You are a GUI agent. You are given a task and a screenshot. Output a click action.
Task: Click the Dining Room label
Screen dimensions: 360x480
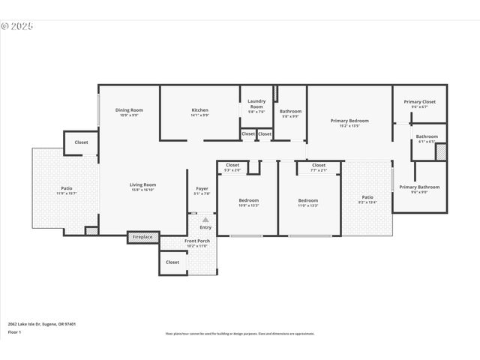click(x=129, y=110)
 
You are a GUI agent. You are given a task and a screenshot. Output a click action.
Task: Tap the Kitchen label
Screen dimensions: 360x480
click(x=199, y=110)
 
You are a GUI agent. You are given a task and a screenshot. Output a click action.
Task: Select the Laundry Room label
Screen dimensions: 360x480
click(x=256, y=103)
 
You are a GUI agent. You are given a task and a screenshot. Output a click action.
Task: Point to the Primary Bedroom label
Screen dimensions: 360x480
click(x=349, y=120)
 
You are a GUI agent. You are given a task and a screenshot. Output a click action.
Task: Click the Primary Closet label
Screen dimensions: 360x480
click(x=419, y=101)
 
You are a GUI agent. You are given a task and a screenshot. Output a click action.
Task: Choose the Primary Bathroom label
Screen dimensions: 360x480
click(x=419, y=187)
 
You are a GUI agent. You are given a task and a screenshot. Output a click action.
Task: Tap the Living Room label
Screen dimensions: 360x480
click(x=142, y=184)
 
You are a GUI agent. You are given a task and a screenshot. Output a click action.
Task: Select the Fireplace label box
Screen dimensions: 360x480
click(x=142, y=237)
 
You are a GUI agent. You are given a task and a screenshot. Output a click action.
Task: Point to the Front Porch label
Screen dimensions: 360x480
click(x=197, y=241)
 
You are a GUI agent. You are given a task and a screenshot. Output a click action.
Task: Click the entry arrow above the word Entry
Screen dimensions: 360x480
click(x=205, y=220)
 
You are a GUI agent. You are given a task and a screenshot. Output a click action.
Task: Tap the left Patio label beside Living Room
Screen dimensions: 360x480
click(x=67, y=188)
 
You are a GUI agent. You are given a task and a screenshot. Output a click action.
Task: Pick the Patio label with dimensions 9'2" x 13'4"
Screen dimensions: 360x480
click(x=367, y=197)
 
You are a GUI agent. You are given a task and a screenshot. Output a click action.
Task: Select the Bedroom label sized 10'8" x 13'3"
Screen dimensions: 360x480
click(x=248, y=200)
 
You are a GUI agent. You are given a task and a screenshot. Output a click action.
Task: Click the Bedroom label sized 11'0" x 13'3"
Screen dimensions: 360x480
click(x=307, y=200)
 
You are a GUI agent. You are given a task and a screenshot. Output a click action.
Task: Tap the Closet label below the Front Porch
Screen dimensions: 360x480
click(x=172, y=262)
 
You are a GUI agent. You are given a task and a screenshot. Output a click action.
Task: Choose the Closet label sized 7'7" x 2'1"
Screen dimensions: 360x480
click(x=319, y=165)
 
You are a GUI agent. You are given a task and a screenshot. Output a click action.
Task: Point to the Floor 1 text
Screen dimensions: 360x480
click(x=13, y=331)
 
